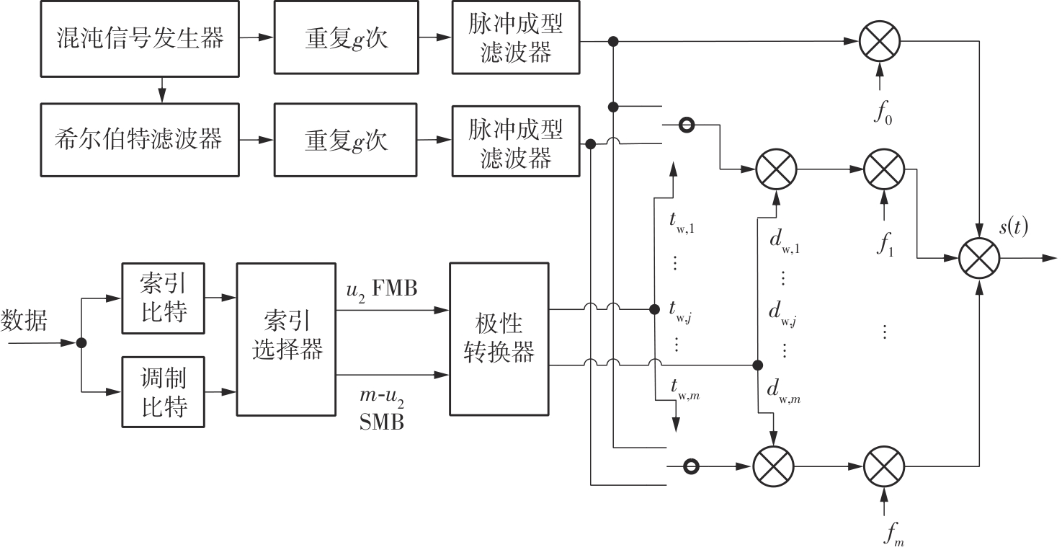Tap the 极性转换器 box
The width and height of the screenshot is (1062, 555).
[x=499, y=339]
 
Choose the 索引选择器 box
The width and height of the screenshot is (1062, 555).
[x=287, y=339]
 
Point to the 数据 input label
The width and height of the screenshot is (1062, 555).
[x=24, y=319]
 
